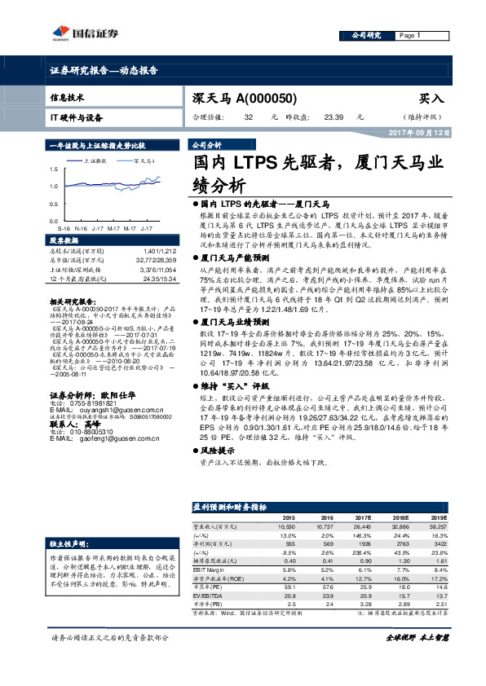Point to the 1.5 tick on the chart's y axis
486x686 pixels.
tap(53, 169)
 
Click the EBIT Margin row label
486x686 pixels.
tap(213, 569)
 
